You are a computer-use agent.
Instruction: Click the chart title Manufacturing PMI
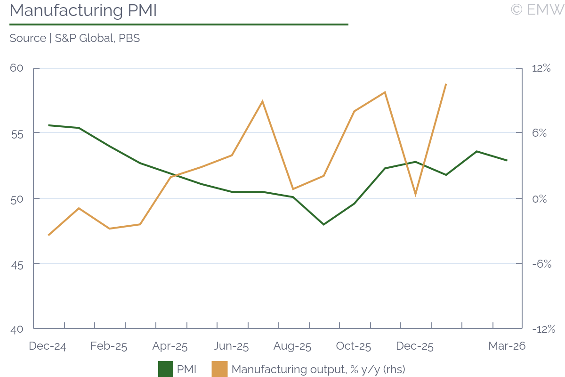[x=83, y=10]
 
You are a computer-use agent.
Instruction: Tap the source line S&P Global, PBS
[x=74, y=38]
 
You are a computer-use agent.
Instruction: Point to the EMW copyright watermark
[x=536, y=9]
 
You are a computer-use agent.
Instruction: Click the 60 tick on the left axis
[x=16, y=68]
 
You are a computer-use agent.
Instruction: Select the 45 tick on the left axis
[x=16, y=263]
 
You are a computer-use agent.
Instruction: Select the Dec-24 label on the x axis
[x=47, y=346]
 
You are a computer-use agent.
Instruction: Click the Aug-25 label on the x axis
[x=292, y=346]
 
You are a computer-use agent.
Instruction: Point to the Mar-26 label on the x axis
[x=507, y=346]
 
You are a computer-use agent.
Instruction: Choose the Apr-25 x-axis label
[x=170, y=346]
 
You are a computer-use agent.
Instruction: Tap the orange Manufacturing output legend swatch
[x=219, y=369]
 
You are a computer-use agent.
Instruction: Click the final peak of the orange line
[x=445, y=84]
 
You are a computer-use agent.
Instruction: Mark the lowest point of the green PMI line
[x=323, y=224]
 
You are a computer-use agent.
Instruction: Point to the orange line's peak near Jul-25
[x=262, y=101]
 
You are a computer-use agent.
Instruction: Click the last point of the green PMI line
[x=507, y=160]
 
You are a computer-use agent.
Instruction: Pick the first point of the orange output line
[x=49, y=235]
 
